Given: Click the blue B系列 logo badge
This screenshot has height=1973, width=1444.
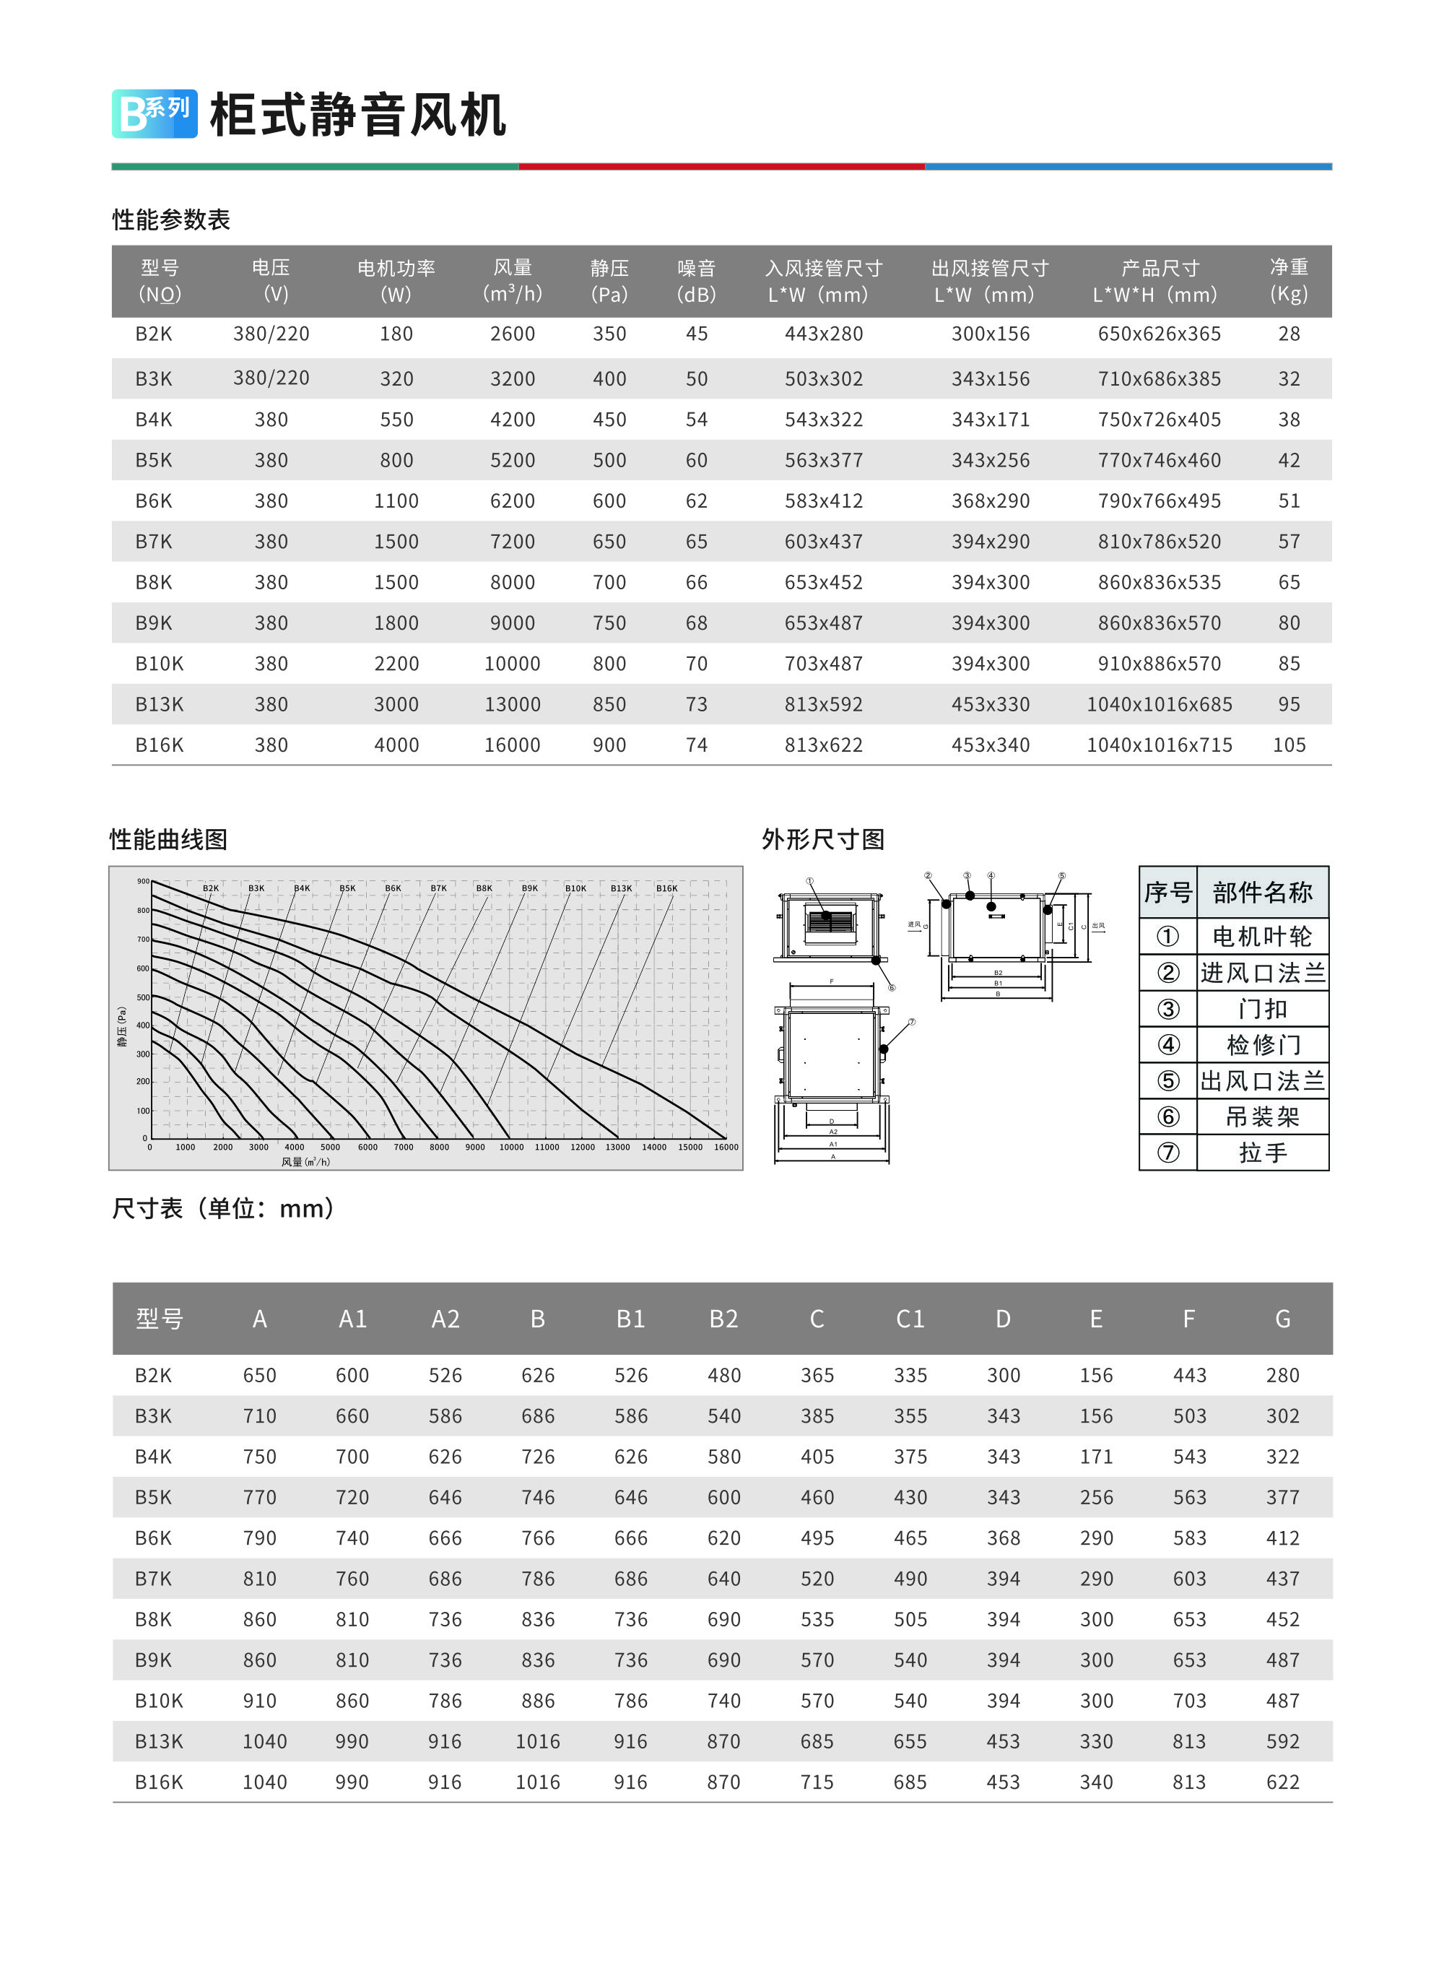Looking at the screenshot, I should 154,113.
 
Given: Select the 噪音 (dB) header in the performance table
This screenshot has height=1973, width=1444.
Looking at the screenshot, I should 696,281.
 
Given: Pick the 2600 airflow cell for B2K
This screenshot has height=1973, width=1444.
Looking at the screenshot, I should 512,334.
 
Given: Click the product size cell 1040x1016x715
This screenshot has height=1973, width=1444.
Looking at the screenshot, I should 1159,745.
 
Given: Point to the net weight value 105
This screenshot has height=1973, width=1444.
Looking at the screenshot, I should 1289,745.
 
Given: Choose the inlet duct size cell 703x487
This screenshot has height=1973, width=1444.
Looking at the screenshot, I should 823,664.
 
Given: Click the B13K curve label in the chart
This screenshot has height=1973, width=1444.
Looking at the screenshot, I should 621,888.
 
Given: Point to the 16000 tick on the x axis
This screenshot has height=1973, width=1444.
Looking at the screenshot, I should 726,1147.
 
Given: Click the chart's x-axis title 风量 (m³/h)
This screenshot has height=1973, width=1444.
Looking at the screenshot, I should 305,1162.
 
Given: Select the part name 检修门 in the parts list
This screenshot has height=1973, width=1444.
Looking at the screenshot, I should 1263,1044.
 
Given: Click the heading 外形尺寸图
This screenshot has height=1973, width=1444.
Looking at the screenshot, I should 822,839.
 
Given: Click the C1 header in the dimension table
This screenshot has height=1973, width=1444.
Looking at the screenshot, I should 910,1318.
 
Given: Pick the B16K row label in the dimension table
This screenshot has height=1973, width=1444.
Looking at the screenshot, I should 159,1782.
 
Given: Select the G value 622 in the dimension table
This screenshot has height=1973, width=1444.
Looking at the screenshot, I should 1282,1782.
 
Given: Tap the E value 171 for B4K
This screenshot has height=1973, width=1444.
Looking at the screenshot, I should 1096,1457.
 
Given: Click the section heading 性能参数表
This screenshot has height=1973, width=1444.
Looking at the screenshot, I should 171,220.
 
